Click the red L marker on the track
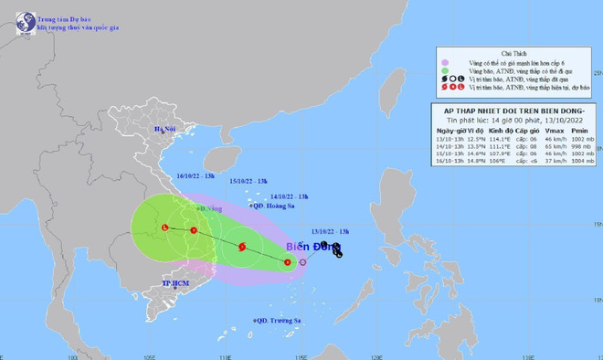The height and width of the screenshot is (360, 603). tap(164, 228)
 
